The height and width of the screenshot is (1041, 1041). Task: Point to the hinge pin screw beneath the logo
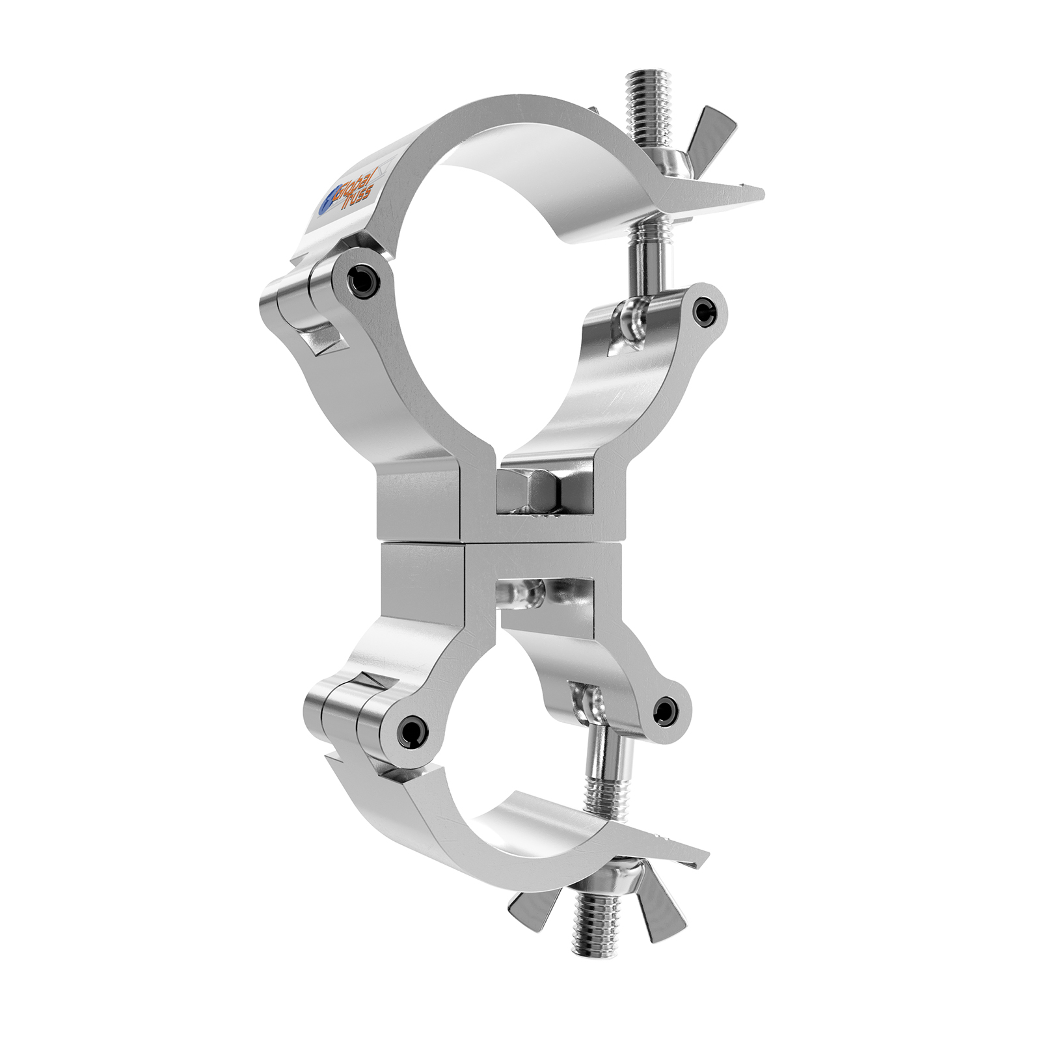click(x=362, y=280)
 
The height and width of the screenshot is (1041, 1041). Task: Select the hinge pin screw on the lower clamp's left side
click(x=409, y=733)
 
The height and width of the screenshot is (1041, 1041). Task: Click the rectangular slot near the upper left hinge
click(x=322, y=339)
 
